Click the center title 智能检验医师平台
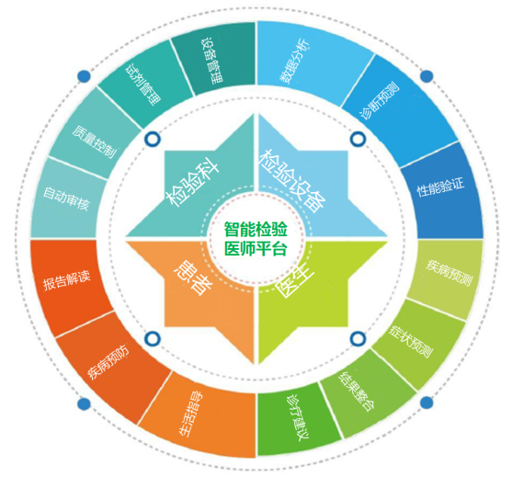pyautogui.click(x=256, y=239)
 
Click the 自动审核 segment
pyautogui.click(x=66, y=199)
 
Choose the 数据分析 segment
pyautogui.click(x=295, y=62)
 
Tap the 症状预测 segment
pyautogui.click(x=412, y=342)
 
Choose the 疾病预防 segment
pyautogui.click(x=108, y=362)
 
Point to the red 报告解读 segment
pyautogui.click(x=66, y=280)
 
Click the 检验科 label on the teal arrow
pyautogui.click(x=193, y=184)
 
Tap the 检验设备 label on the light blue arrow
pyautogui.click(x=293, y=182)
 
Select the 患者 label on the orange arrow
pyautogui.click(x=193, y=278)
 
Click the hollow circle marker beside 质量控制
pyautogui.click(x=153, y=139)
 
